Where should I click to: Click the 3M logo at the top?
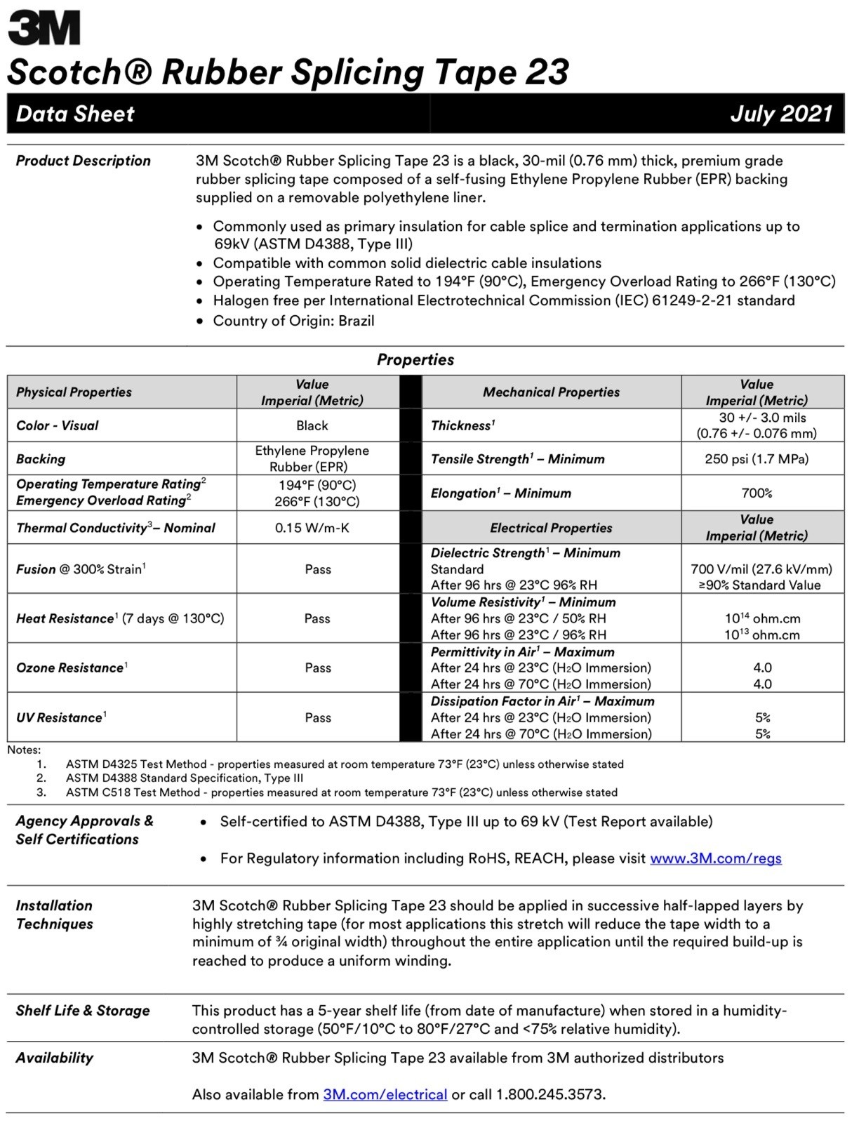point(44,28)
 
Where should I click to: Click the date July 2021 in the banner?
point(780,114)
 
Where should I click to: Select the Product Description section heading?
point(83,161)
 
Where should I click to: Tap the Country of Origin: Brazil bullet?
point(293,321)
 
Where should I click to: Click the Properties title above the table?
point(415,359)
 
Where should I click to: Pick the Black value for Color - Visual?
point(312,425)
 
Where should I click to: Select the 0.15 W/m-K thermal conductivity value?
point(312,528)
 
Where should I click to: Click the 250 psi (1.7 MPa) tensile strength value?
point(757,459)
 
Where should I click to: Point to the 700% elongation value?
point(757,493)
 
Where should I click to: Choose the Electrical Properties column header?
point(551,528)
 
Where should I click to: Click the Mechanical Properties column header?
point(551,392)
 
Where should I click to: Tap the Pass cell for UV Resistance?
point(318,717)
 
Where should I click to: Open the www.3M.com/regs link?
point(715,858)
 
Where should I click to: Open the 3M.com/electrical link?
point(385,1094)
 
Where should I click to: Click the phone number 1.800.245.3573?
point(549,1094)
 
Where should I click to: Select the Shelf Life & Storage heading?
point(83,1011)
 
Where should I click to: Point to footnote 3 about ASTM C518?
point(342,792)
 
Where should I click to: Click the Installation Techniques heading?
point(55,915)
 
